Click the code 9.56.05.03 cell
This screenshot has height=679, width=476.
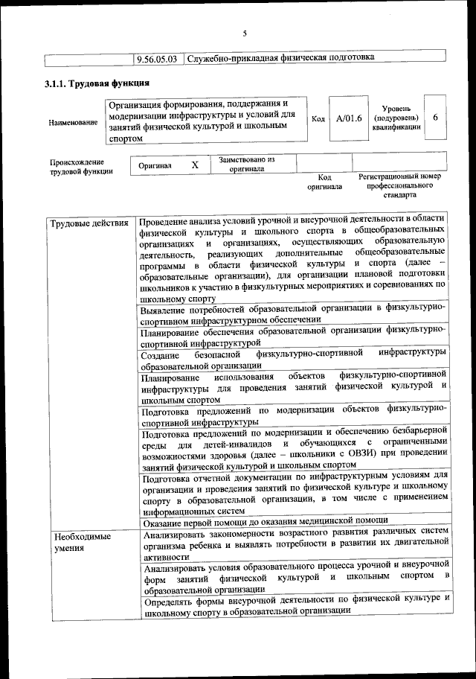(x=160, y=57)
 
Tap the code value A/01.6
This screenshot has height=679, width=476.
(x=349, y=118)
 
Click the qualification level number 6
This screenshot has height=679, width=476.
(x=435, y=117)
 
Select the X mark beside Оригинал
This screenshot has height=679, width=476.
(x=195, y=165)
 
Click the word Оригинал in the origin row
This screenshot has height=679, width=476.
(x=155, y=165)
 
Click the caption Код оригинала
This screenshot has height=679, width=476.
(x=324, y=182)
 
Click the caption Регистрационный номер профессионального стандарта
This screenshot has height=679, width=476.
(x=399, y=188)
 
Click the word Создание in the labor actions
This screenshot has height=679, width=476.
(x=161, y=353)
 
